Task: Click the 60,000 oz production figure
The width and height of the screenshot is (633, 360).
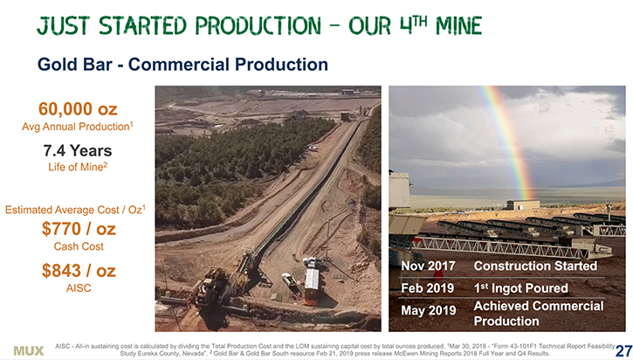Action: pyautogui.click(x=78, y=109)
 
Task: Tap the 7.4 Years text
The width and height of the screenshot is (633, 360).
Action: pyautogui.click(x=78, y=150)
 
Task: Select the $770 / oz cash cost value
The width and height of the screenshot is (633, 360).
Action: pyautogui.click(x=79, y=229)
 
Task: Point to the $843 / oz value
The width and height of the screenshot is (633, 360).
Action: pyautogui.click(x=79, y=271)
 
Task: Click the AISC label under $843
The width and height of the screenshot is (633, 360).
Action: pyautogui.click(x=79, y=288)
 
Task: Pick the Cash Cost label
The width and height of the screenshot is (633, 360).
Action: pyautogui.click(x=79, y=246)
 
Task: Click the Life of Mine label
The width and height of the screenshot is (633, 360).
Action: pyautogui.click(x=78, y=167)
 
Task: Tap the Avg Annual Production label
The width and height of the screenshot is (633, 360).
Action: pyautogui.click(x=78, y=127)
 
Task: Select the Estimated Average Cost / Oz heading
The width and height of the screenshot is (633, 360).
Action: pyautogui.click(x=75, y=210)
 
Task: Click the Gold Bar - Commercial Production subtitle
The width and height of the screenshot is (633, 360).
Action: pyautogui.click(x=182, y=65)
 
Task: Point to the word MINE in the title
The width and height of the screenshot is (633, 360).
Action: pyautogui.click(x=459, y=26)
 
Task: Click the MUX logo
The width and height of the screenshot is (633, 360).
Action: pyautogui.click(x=29, y=350)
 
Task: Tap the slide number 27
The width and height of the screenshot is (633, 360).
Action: pyautogui.click(x=624, y=351)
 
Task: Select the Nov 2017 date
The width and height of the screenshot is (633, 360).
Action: pyautogui.click(x=428, y=266)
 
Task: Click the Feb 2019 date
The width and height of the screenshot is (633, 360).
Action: pyautogui.click(x=428, y=288)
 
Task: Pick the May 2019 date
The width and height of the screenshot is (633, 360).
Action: pyautogui.click(x=429, y=310)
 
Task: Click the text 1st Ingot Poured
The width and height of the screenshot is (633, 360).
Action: pyautogui.click(x=520, y=288)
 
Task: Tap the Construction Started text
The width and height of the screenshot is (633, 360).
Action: pyautogui.click(x=535, y=266)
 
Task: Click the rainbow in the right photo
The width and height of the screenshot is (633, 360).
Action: pyautogui.click(x=511, y=142)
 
